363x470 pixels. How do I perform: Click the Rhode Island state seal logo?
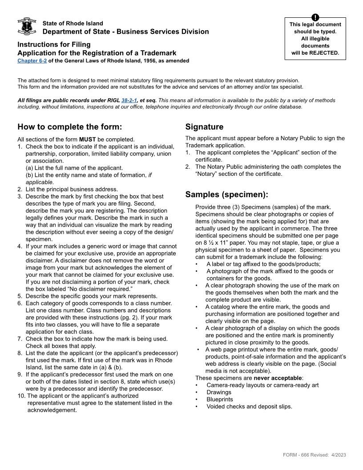point(26,26)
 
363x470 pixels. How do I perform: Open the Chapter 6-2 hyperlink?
point(32,61)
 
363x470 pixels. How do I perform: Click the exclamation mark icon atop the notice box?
point(315,17)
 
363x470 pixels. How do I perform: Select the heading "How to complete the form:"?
point(69,127)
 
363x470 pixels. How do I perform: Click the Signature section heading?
point(204,127)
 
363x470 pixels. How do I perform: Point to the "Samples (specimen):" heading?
point(226,194)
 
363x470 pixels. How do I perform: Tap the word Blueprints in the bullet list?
point(219,399)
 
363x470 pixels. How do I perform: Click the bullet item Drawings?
point(219,392)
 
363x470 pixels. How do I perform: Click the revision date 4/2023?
point(339,455)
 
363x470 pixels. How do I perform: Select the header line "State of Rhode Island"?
point(73,23)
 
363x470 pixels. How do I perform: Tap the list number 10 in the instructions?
point(21,396)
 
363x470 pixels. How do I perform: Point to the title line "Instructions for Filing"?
point(54,45)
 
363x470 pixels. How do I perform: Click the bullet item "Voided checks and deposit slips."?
point(249,406)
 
